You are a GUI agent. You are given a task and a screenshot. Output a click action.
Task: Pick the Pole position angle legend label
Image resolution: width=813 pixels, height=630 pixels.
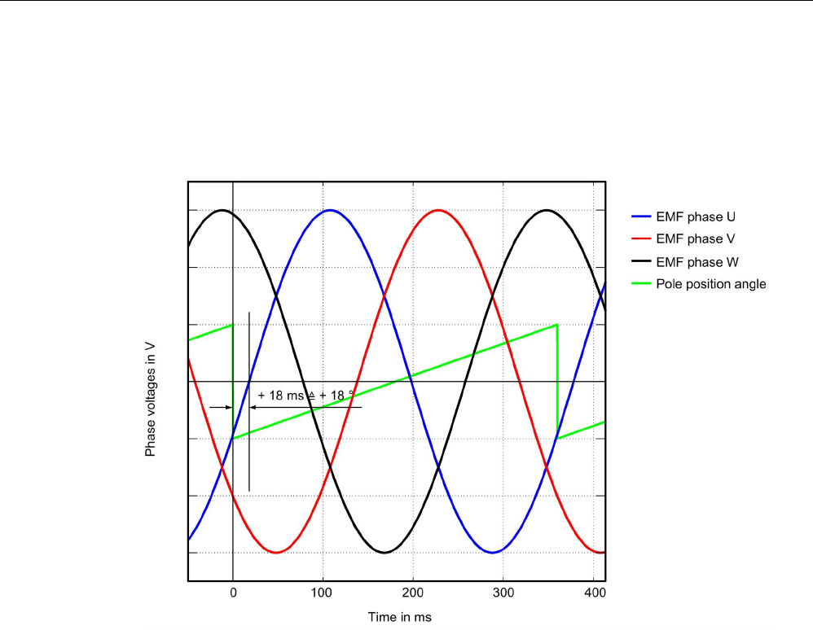pos(710,285)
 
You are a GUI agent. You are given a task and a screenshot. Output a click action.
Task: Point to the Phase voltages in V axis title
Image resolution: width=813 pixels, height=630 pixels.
pos(151,399)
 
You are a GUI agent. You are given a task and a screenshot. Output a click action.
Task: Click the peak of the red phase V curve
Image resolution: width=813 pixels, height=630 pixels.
pos(438,210)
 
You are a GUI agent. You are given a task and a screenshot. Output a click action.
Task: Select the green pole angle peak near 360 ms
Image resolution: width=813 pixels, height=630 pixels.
pos(556,325)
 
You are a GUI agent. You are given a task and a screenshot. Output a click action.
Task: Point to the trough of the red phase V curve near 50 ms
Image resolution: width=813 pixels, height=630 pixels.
pos(277,553)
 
